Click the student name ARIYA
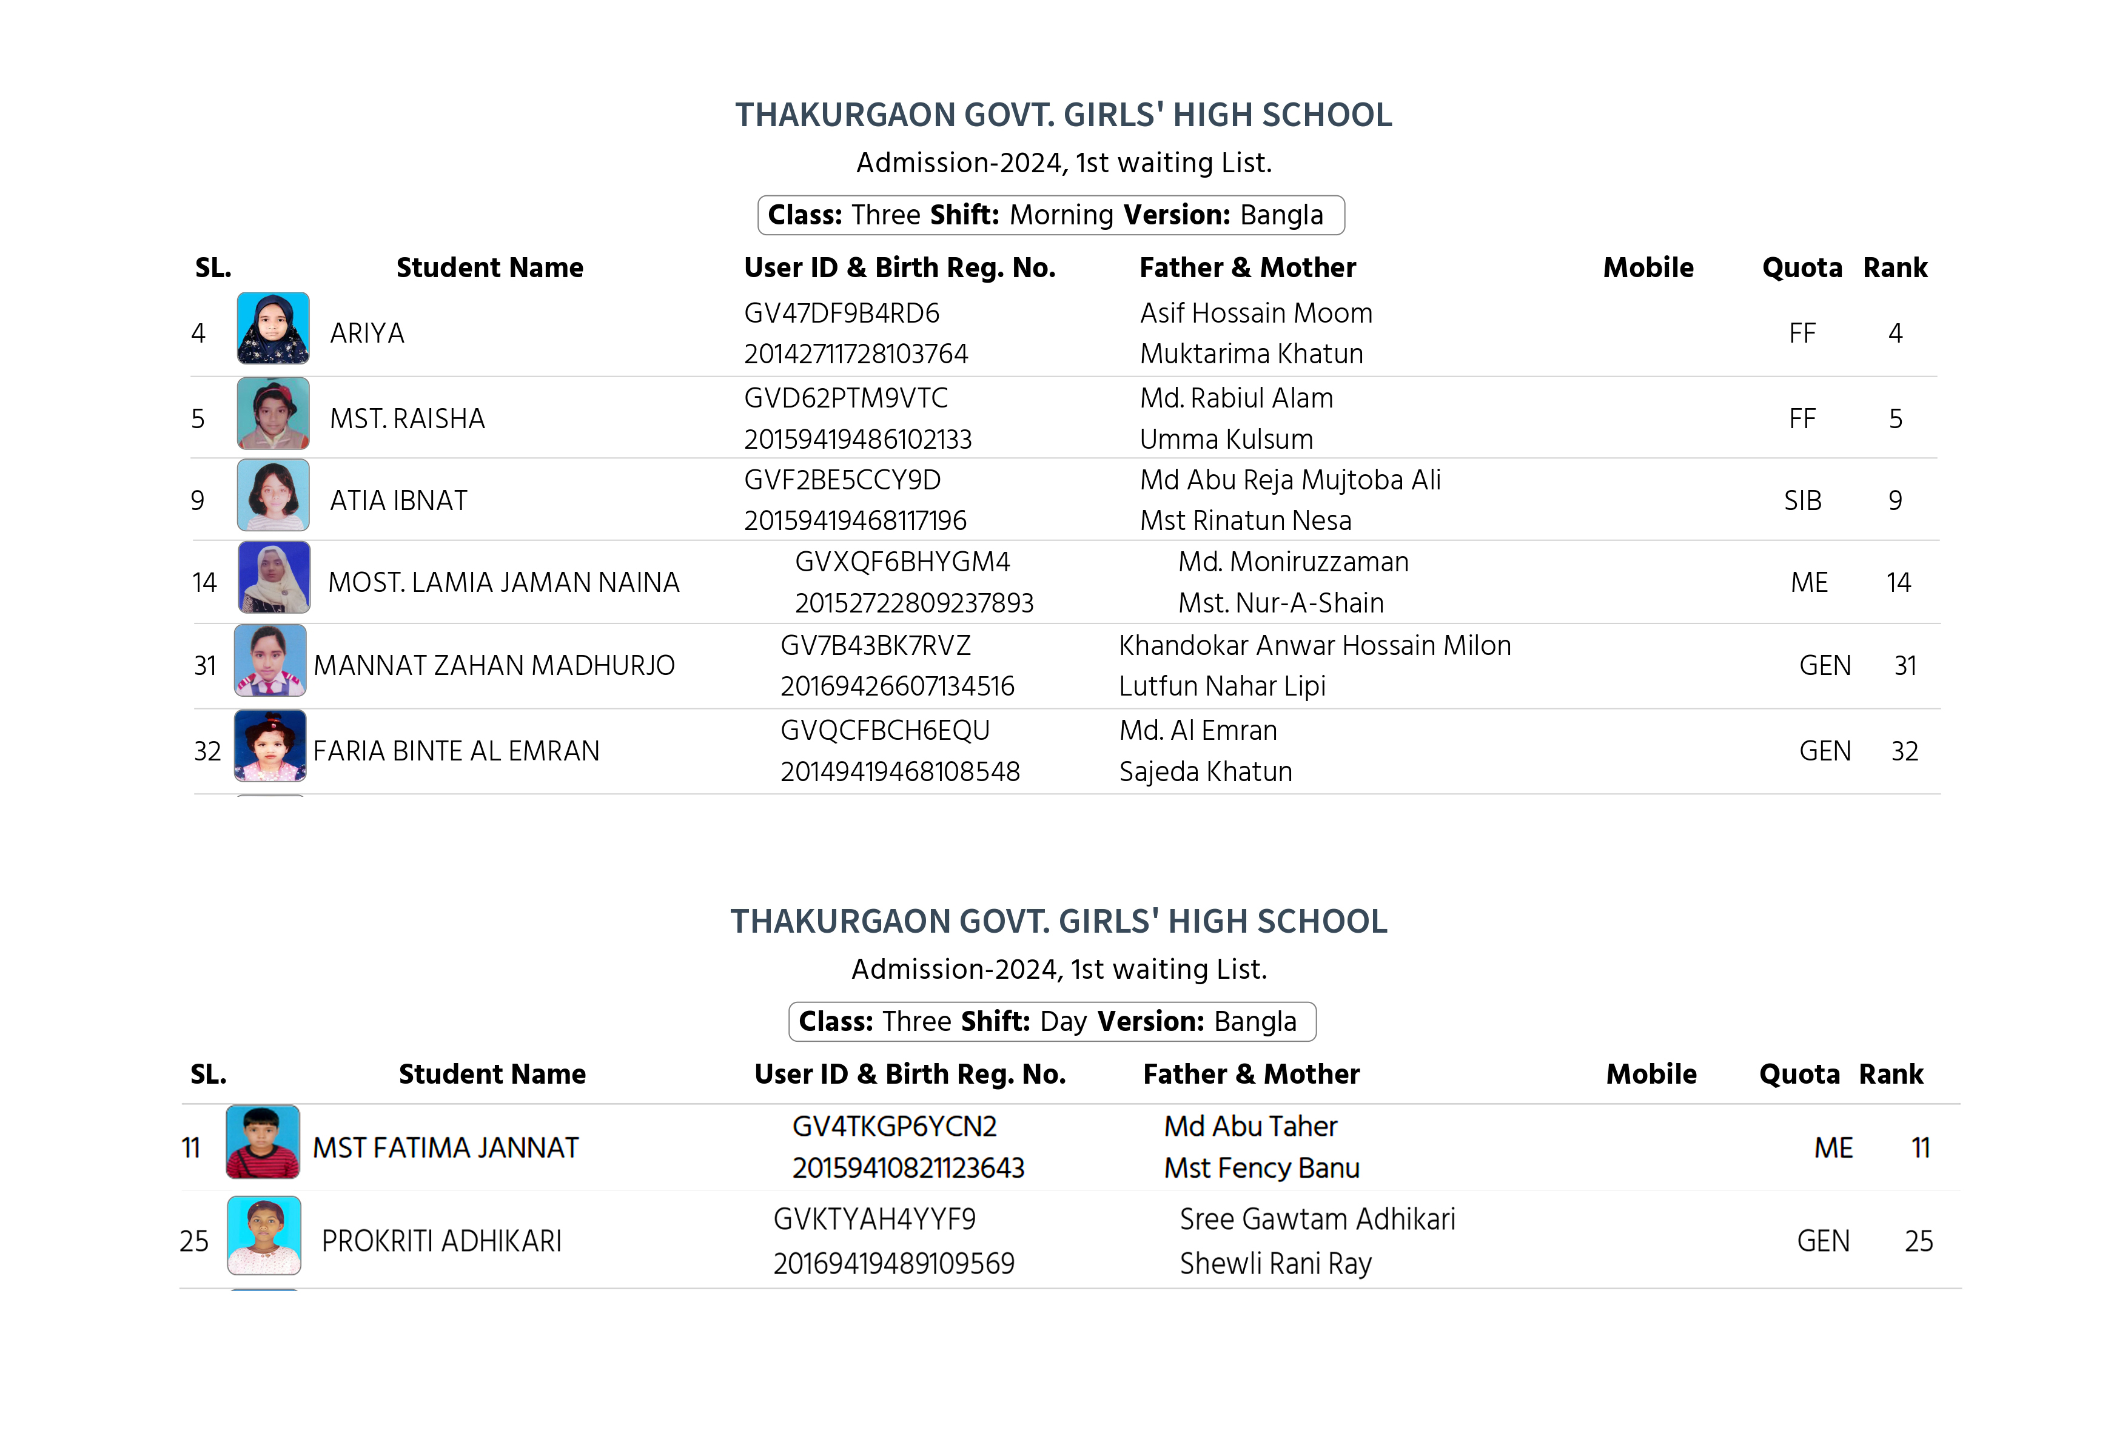[366, 334]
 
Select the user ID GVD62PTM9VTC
[845, 398]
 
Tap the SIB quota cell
[1801, 501]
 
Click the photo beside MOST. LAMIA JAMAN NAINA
[273, 578]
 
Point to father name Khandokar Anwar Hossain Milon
[1314, 645]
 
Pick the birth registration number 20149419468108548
[899, 772]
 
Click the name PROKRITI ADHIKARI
[441, 1241]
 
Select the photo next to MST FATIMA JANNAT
[263, 1142]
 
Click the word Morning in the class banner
[1061, 215]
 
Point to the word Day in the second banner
[1063, 1022]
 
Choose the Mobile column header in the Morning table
[1647, 267]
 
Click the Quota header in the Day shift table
[1798, 1074]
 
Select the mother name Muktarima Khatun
[1251, 354]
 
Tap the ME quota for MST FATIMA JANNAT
[1833, 1148]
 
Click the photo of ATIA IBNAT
[273, 496]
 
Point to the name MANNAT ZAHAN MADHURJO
[494, 666]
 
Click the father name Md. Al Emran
[1198, 731]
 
